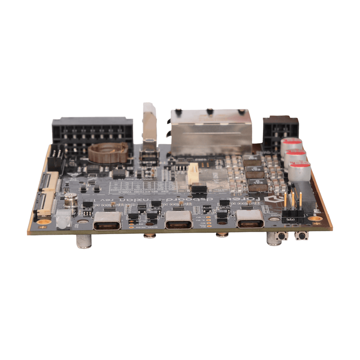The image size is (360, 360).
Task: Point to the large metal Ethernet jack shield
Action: (x=211, y=133)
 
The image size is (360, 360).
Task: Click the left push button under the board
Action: (x=282, y=236)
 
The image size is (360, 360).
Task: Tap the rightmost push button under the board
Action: (x=302, y=236)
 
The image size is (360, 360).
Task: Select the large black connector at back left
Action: (x=92, y=132)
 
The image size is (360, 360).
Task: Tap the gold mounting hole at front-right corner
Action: (x=315, y=219)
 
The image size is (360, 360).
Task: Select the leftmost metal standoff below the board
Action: (x=84, y=242)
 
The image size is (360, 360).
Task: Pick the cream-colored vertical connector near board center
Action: (x=193, y=173)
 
